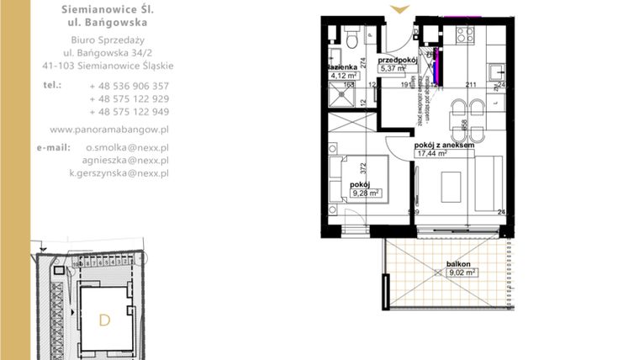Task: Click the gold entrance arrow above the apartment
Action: click(400, 9)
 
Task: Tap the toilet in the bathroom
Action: click(353, 37)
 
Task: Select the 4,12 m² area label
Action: click(343, 74)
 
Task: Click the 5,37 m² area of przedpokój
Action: click(395, 69)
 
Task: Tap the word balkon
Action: click(458, 263)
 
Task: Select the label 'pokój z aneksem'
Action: click(445, 146)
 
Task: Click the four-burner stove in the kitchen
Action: click(463, 35)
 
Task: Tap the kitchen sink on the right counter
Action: click(497, 71)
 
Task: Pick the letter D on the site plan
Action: click(104, 320)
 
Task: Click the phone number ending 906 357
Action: click(129, 86)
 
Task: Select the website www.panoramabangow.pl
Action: click(110, 130)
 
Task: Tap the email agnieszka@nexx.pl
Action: click(125, 160)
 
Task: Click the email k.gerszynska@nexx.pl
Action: click(119, 172)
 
